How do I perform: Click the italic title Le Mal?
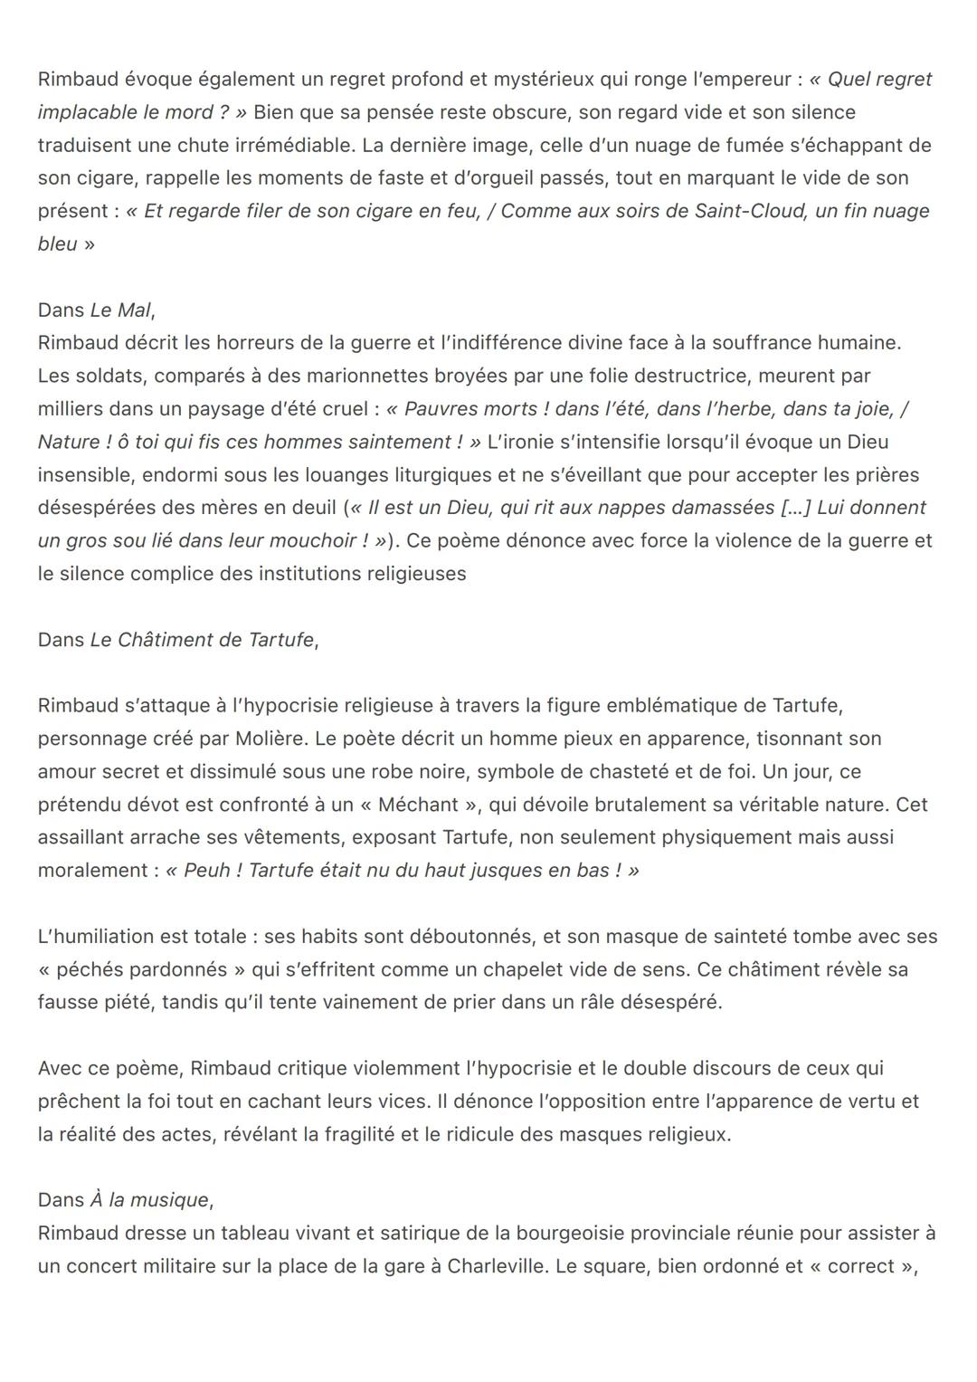[x=120, y=310]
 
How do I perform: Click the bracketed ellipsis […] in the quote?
[x=795, y=508]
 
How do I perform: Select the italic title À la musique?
[x=149, y=1200]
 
